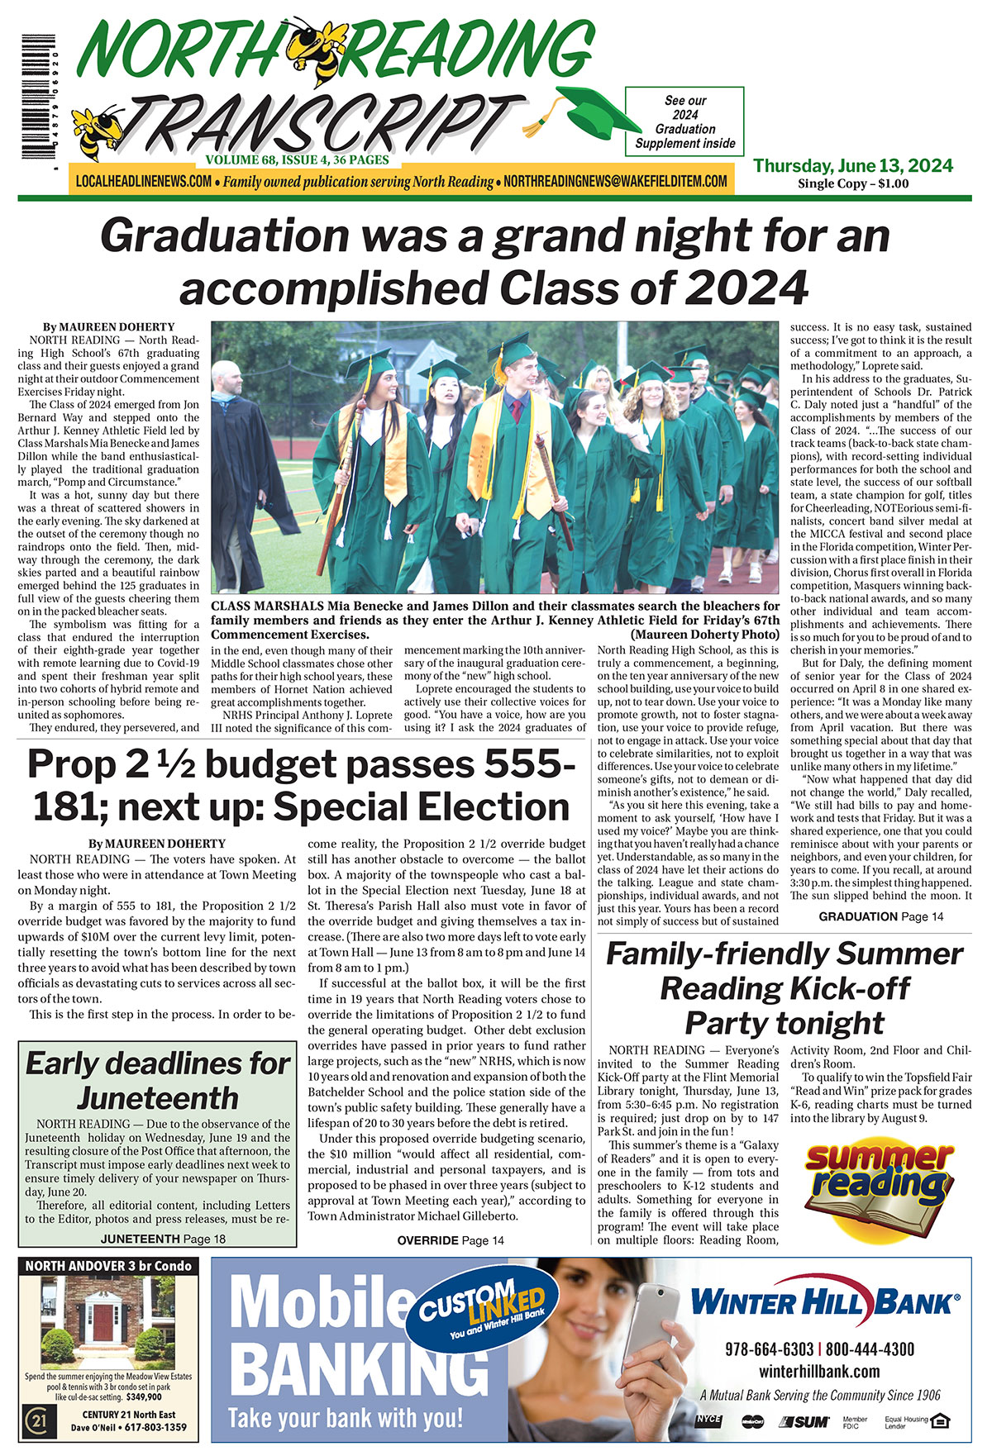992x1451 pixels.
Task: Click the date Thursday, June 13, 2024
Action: point(852,165)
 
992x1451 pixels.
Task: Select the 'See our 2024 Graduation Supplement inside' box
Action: point(684,121)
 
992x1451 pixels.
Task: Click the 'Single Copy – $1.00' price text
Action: point(852,183)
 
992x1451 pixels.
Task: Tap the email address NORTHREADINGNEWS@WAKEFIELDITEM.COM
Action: point(615,181)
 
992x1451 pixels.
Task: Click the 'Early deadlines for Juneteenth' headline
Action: point(157,1080)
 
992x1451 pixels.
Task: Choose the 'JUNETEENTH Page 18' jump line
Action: point(163,1239)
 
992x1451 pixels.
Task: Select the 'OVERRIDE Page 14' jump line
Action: point(451,1240)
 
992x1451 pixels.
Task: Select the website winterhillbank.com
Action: point(819,1372)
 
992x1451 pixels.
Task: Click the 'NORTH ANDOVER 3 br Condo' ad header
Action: point(108,1266)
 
